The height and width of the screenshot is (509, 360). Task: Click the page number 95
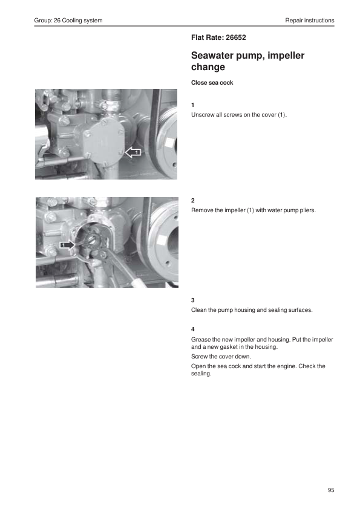click(x=331, y=490)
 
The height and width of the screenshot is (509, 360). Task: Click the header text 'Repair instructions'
click(x=310, y=20)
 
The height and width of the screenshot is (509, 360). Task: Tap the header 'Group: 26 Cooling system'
click(x=68, y=20)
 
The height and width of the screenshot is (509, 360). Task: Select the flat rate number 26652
click(x=236, y=37)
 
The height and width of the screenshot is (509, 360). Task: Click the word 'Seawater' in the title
click(x=212, y=55)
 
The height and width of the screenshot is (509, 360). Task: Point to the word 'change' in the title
click(x=208, y=67)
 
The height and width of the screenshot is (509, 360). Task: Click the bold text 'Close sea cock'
click(x=212, y=82)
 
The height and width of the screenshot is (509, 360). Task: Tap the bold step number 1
click(x=192, y=105)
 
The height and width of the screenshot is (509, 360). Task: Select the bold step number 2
click(x=192, y=200)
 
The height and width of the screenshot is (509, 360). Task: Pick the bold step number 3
click(x=192, y=300)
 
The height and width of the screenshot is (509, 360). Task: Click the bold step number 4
click(x=192, y=329)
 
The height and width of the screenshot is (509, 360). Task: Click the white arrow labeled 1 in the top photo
click(x=133, y=152)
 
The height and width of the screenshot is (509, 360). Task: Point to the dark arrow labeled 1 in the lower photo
click(x=67, y=245)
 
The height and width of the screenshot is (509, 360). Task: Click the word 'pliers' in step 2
click(x=307, y=210)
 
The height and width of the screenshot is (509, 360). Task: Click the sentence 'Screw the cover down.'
click(x=221, y=357)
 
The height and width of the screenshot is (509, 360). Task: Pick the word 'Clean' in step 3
click(x=198, y=310)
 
